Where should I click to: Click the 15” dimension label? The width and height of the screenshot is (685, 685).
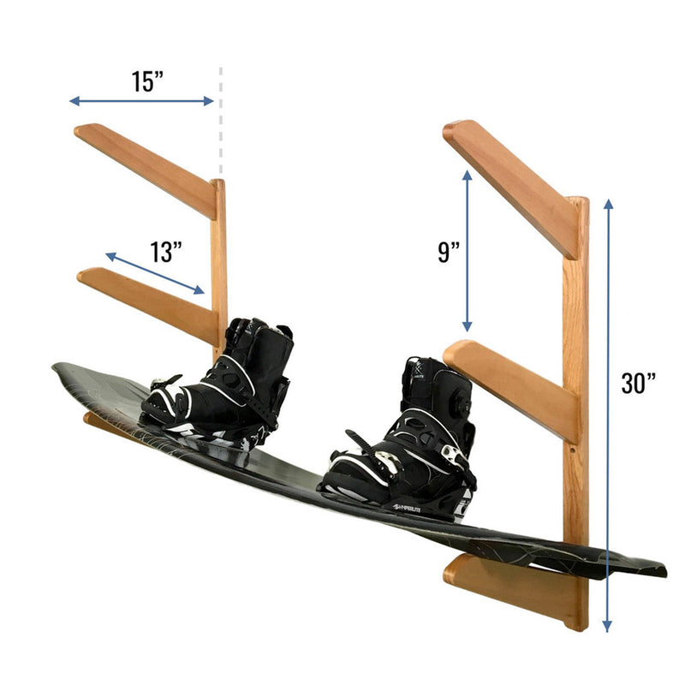click(147, 81)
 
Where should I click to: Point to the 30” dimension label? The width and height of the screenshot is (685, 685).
click(639, 382)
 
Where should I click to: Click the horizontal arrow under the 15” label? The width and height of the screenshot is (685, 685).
click(141, 101)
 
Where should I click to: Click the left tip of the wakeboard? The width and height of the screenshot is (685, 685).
click(58, 369)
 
